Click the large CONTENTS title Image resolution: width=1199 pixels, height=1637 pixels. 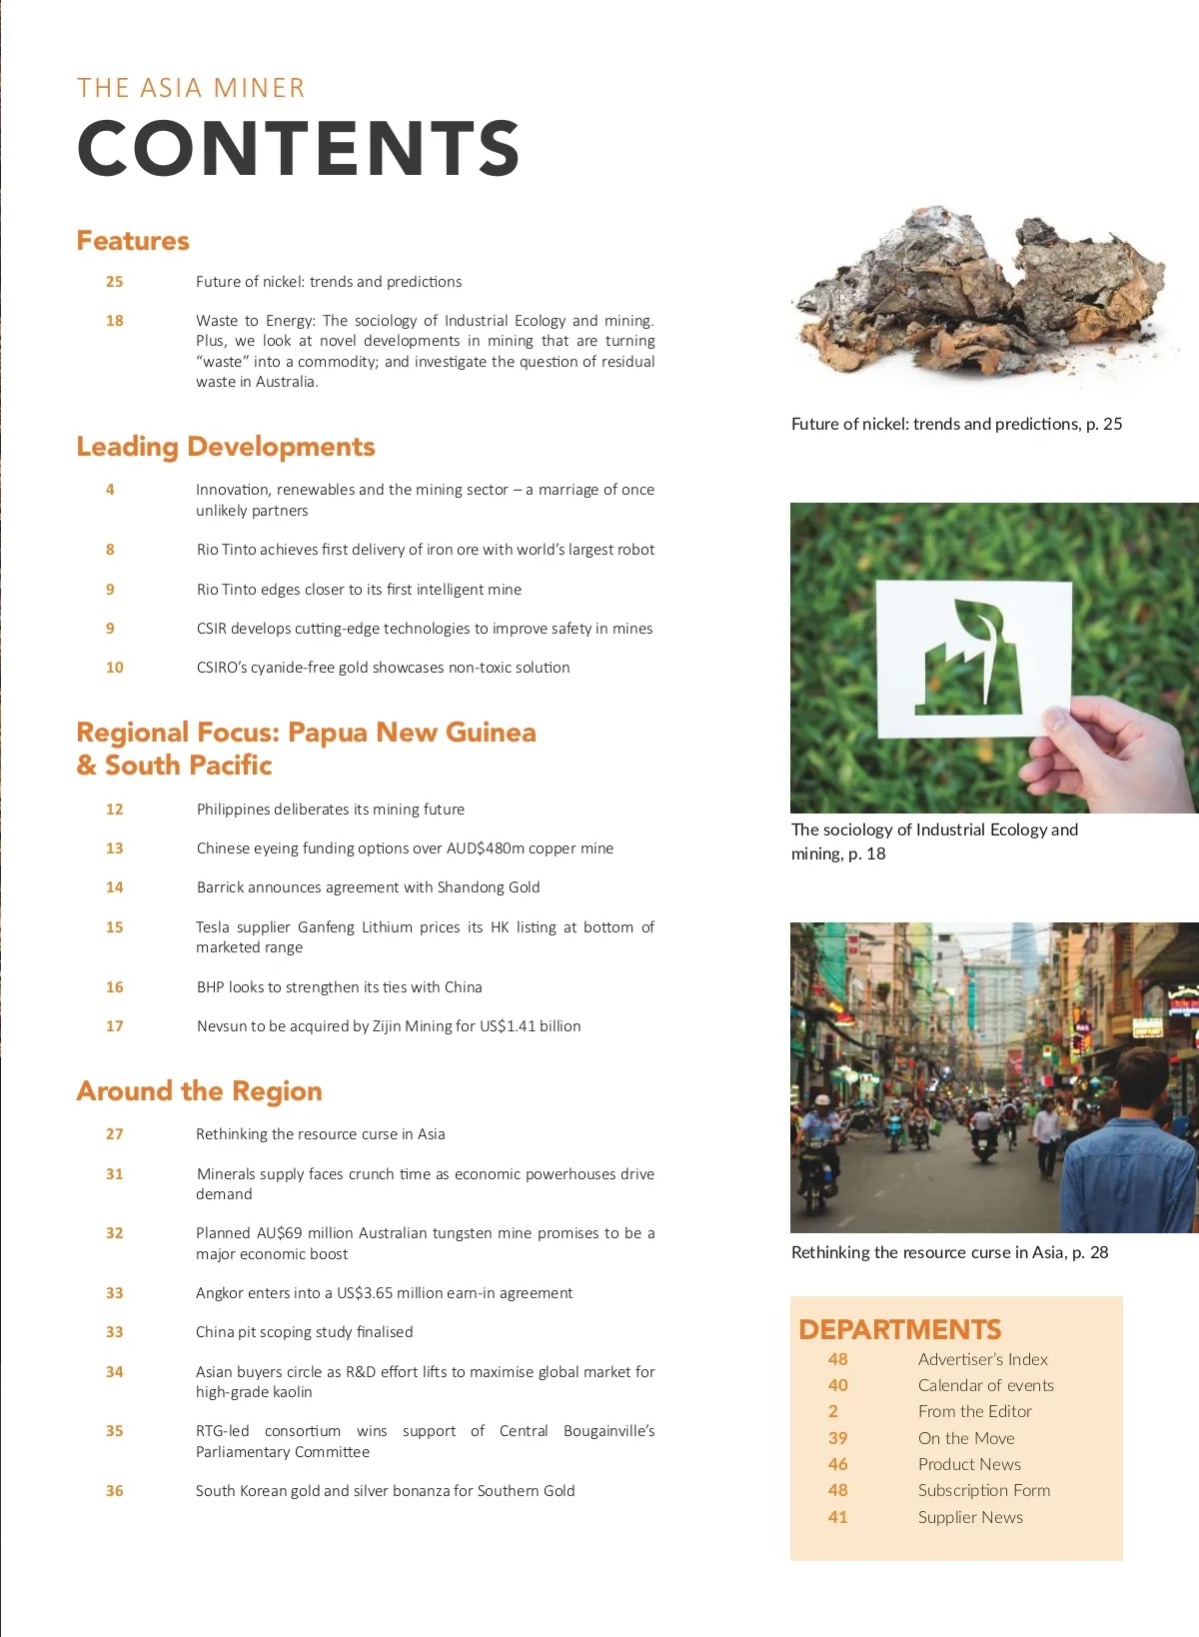pos(298,148)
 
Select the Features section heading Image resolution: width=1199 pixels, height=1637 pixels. pos(133,241)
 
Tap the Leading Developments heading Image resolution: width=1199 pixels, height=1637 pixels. pos(226,447)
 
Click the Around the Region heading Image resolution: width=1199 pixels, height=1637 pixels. pos(200,1090)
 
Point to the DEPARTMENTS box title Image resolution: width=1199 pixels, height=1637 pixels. pos(899,1329)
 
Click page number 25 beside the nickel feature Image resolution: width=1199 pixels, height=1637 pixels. pos(115,282)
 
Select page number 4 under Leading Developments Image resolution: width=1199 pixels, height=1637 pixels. pos(110,490)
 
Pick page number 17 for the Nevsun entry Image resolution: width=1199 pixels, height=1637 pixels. pos(115,1026)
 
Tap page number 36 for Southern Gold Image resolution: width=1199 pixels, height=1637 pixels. pos(115,1491)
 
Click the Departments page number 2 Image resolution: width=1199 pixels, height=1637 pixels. pos(833,1411)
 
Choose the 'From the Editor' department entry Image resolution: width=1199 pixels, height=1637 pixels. pos(974,1411)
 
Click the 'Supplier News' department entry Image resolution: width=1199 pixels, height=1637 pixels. pos(970,1517)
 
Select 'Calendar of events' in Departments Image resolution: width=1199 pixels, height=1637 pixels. pos(985,1385)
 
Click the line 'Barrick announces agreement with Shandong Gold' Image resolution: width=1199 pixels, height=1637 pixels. pos(368,887)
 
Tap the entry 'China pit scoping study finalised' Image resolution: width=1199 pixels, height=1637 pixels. pos(304,1332)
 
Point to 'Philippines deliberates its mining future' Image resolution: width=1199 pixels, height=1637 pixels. pos(330,810)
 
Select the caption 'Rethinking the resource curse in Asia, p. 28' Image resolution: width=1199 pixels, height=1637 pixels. pos(949,1252)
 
